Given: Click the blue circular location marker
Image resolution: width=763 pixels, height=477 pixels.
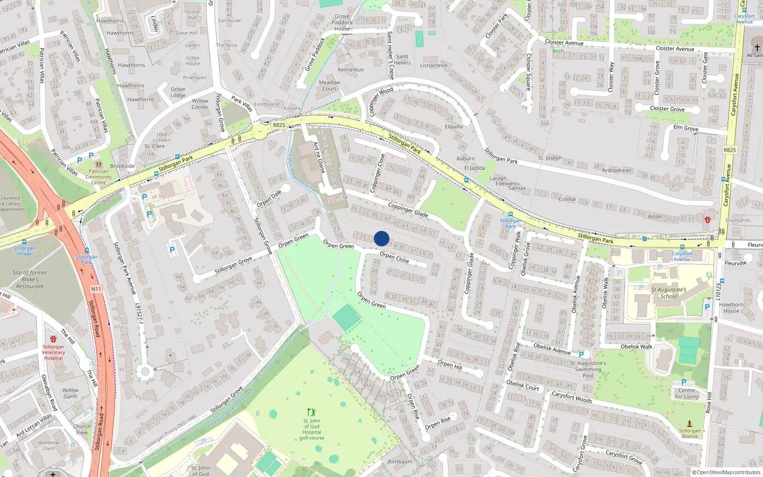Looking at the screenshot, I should click(x=381, y=238).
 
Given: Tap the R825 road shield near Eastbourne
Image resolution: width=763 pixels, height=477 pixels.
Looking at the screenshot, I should click(x=279, y=125).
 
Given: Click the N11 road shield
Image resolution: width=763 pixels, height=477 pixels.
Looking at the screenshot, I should click(x=96, y=289).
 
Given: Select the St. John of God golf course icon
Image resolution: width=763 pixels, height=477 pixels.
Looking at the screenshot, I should click(x=311, y=412).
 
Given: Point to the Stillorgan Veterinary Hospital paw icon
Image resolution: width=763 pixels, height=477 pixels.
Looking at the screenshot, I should click(x=53, y=339).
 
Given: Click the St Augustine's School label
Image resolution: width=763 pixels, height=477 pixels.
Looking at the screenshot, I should click(x=669, y=293).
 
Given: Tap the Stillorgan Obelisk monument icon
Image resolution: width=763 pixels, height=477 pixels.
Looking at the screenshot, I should click(x=690, y=423).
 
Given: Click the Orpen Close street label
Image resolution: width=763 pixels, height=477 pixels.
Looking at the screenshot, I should click(x=394, y=258).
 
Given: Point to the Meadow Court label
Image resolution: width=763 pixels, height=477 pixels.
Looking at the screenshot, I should click(x=330, y=85).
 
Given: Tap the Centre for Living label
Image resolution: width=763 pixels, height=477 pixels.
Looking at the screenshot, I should click(x=687, y=394).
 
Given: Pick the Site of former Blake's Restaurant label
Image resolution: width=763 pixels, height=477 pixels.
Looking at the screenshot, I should click(x=30, y=280).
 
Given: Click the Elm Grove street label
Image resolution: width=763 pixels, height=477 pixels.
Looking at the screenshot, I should click(x=685, y=128).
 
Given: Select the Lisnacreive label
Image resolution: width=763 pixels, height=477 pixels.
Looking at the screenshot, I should click(x=434, y=65).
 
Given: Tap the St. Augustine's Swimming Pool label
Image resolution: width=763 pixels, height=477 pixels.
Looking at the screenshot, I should click(x=588, y=369).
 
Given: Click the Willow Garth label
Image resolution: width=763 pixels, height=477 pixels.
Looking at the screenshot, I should click(x=70, y=393).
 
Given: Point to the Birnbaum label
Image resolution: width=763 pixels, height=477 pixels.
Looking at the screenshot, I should click(x=400, y=461).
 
